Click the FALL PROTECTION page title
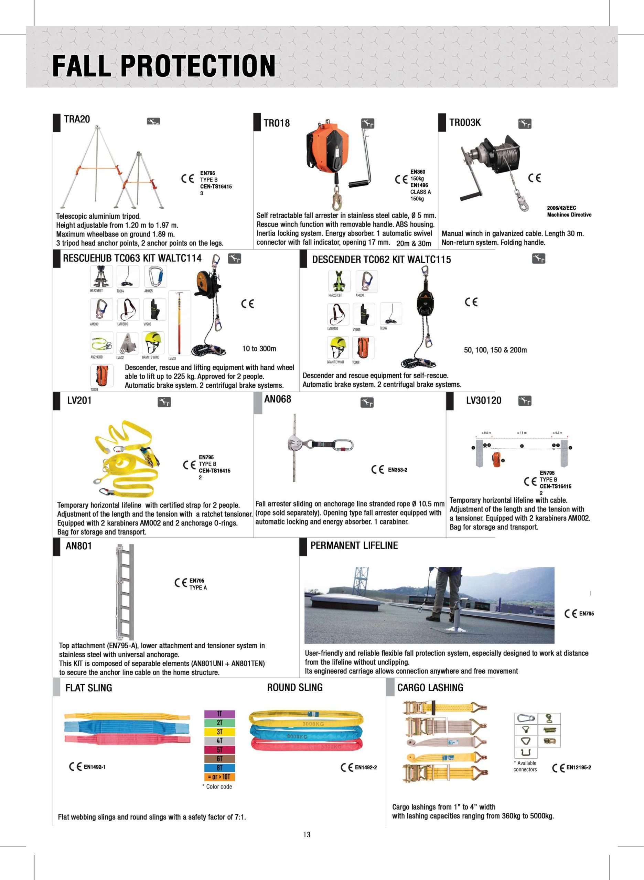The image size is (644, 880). pyautogui.click(x=164, y=65)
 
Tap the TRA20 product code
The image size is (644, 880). pyautogui.click(x=77, y=119)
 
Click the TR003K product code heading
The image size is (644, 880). pyautogui.click(x=465, y=122)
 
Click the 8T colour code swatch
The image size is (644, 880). pyautogui.click(x=219, y=767)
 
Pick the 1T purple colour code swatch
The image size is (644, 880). pyautogui.click(x=219, y=714)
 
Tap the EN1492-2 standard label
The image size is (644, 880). pyautogui.click(x=365, y=767)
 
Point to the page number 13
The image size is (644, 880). pyautogui.click(x=307, y=834)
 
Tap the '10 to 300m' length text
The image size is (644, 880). pyautogui.click(x=259, y=349)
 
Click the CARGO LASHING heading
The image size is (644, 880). pyautogui.click(x=430, y=687)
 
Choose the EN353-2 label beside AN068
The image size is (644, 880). pyautogui.click(x=397, y=470)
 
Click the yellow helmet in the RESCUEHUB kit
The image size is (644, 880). pyautogui.click(x=152, y=342)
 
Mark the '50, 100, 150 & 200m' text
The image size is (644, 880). pyautogui.click(x=495, y=350)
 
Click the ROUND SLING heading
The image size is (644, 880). pyautogui.click(x=295, y=687)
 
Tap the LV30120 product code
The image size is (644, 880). pyautogui.click(x=483, y=400)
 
